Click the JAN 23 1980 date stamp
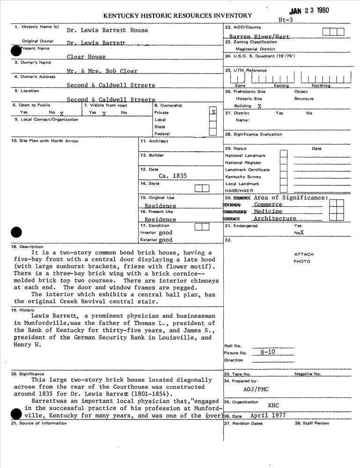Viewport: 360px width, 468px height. click(x=309, y=11)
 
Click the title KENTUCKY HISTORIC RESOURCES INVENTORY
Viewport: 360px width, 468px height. click(x=177, y=16)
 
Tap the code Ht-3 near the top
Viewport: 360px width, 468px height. click(x=285, y=20)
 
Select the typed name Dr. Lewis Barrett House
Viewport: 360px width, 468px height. click(x=107, y=30)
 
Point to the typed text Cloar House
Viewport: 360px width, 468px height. click(x=86, y=57)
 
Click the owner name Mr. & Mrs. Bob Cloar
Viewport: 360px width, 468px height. click(x=102, y=72)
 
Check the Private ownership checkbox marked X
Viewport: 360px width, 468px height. click(x=213, y=112)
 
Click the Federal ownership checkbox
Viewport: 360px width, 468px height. click(x=213, y=133)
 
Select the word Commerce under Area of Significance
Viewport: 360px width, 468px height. click(x=268, y=205)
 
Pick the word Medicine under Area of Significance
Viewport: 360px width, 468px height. click(x=268, y=212)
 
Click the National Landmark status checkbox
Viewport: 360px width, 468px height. click(x=283, y=155)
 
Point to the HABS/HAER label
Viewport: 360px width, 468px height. click(x=239, y=191)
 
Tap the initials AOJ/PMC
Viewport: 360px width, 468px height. click(x=256, y=389)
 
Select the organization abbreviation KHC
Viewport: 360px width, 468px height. click(x=273, y=405)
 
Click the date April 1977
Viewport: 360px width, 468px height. click(x=267, y=416)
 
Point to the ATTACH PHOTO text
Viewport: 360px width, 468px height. click(x=304, y=258)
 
